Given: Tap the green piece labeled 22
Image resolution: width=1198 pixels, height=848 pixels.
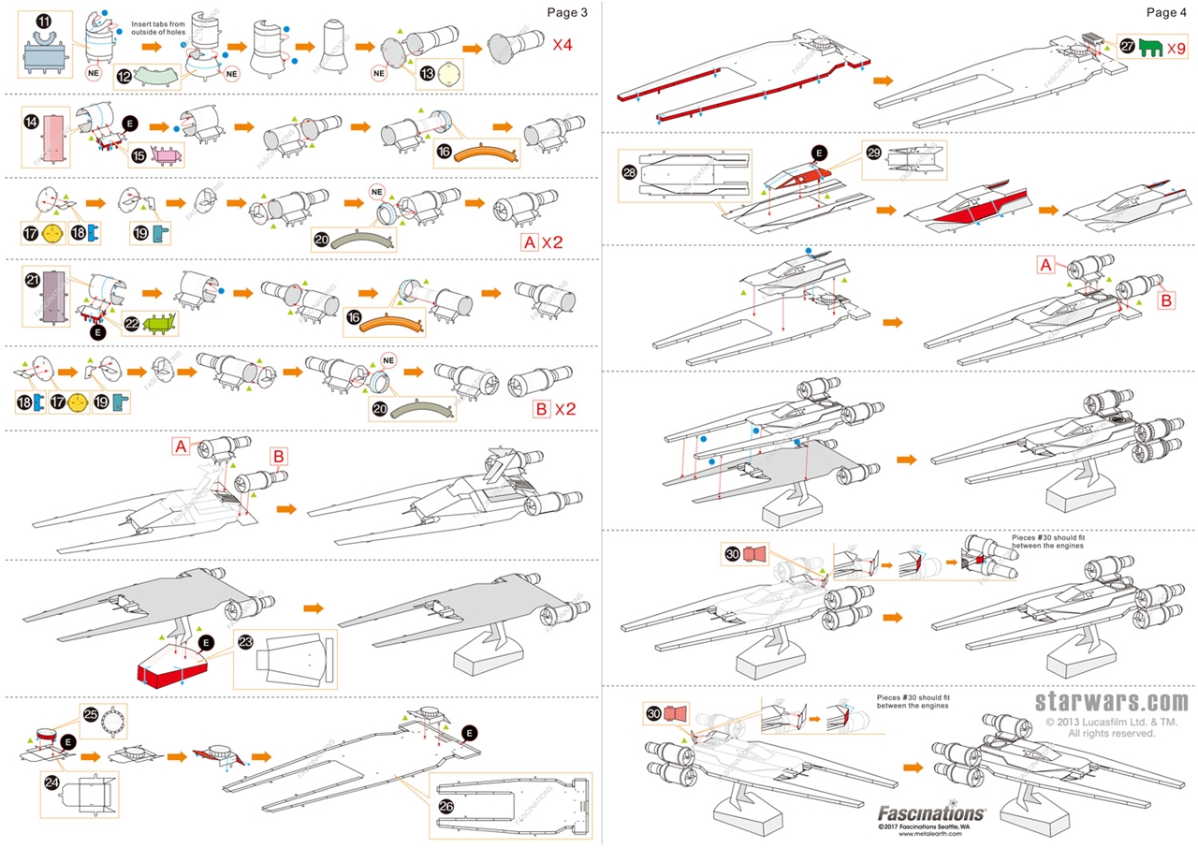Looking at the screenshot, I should (x=156, y=325).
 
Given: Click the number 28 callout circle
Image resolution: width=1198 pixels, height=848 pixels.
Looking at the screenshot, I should (x=630, y=173).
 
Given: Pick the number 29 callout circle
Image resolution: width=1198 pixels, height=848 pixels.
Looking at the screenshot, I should (x=874, y=152).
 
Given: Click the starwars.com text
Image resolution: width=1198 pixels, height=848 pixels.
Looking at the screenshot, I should (x=1112, y=702).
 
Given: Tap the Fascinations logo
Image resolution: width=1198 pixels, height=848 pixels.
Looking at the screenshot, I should (x=931, y=813).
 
